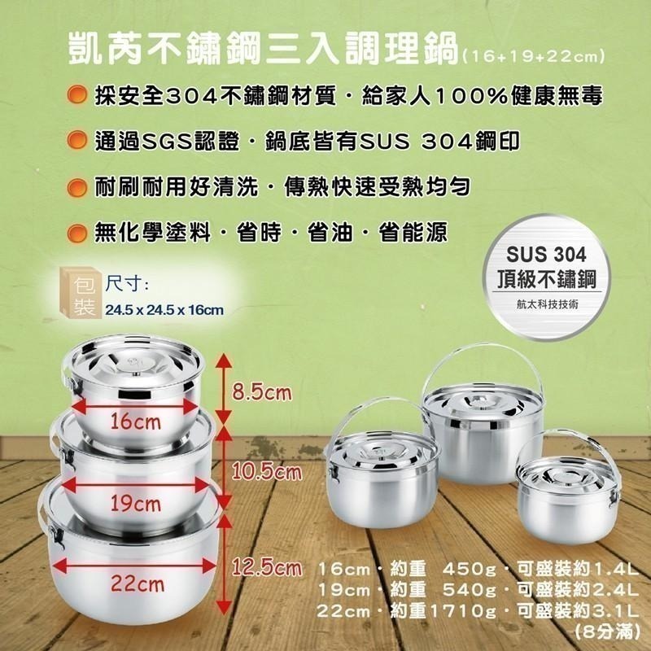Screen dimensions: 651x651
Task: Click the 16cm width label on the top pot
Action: tap(135, 422)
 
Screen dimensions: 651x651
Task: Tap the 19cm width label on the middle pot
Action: tap(135, 504)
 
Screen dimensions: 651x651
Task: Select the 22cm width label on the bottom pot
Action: tap(138, 584)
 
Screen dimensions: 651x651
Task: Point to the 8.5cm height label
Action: tap(261, 392)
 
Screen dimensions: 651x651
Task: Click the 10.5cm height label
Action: tap(267, 472)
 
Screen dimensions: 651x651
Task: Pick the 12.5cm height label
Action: tap(267, 567)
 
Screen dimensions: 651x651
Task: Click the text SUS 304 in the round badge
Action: tap(546, 254)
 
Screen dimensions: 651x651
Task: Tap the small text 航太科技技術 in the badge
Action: tap(547, 304)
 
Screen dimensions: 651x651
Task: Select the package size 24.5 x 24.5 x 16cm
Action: tap(164, 310)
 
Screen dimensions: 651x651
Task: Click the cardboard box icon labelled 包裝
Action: tap(81, 292)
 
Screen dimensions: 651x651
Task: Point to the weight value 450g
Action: tap(470, 569)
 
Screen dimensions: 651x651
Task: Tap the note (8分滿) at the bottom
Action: tap(607, 632)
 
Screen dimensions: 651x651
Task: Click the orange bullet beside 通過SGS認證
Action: tap(77, 140)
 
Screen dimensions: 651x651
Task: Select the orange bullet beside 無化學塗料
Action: tap(77, 233)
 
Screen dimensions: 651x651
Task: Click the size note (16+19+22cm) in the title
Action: tap(532, 56)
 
